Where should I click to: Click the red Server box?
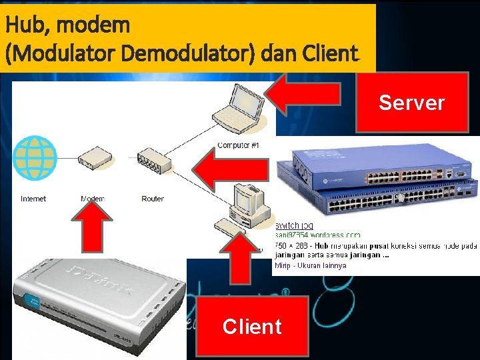click(411, 102)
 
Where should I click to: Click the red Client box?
click(252, 326)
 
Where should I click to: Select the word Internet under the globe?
click(33, 199)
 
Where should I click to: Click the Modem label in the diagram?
click(93, 199)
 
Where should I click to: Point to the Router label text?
click(153, 199)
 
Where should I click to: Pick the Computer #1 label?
click(238, 145)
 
